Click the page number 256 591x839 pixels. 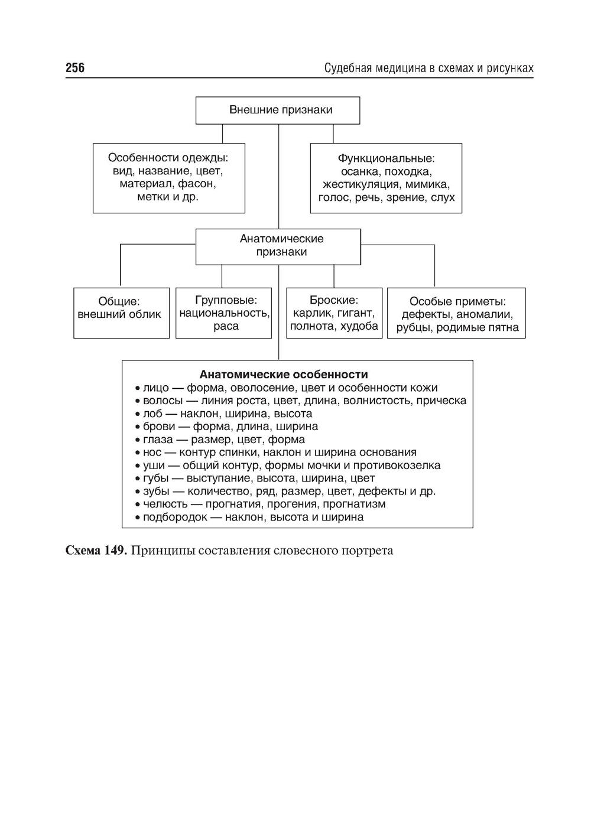pyautogui.click(x=75, y=68)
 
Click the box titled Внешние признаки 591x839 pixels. pyautogui.click(x=278, y=110)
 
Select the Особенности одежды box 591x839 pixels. pyautogui.click(x=168, y=177)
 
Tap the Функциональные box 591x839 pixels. pyautogui.click(x=386, y=177)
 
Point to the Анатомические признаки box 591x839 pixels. pyautogui.click(x=278, y=246)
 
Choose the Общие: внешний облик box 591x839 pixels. pyautogui.click(x=121, y=313)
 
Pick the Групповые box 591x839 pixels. pyautogui.click(x=224, y=313)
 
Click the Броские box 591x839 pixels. pyautogui.click(x=334, y=313)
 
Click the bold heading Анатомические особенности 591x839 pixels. pyautogui.click(x=284, y=375)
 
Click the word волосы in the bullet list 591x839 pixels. pyautogui.click(x=163, y=401)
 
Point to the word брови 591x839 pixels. pyautogui.click(x=158, y=427)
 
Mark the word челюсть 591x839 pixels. pyautogui.click(x=165, y=505)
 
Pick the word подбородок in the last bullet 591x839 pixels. pyautogui.click(x=175, y=518)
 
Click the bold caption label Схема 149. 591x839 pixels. pyautogui.click(x=95, y=551)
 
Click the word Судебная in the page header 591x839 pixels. pyautogui.click(x=346, y=69)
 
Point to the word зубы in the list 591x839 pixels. pyautogui.click(x=156, y=492)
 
